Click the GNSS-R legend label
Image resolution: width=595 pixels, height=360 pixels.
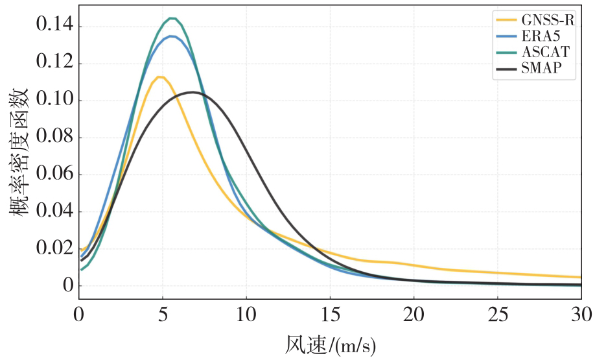point(548,19)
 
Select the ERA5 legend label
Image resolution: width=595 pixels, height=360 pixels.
point(541,36)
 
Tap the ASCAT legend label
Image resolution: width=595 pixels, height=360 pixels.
point(546,52)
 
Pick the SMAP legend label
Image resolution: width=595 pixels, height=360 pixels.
point(541,68)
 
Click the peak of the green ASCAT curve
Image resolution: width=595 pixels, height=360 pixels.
point(172,18)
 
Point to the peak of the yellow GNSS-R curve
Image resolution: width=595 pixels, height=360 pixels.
point(159,77)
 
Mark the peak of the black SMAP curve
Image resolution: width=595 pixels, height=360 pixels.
point(192,92)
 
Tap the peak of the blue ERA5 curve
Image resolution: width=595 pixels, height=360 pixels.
point(172,36)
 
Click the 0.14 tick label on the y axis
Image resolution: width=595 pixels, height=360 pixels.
point(54,25)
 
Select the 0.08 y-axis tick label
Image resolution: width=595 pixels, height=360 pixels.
point(54,136)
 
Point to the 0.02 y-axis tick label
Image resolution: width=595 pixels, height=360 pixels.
point(54,248)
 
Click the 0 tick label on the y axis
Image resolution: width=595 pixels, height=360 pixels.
point(68,285)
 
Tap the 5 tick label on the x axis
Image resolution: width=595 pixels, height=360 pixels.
point(163,315)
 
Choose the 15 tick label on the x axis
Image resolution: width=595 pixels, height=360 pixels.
point(330,315)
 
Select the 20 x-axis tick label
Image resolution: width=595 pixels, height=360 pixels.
point(414,315)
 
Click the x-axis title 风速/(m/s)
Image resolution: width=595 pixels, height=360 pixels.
point(330,345)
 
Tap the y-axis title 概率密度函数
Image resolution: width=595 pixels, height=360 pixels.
point(19,152)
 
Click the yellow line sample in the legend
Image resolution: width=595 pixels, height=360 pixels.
point(507,20)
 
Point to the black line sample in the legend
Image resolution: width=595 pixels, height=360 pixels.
point(507,69)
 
